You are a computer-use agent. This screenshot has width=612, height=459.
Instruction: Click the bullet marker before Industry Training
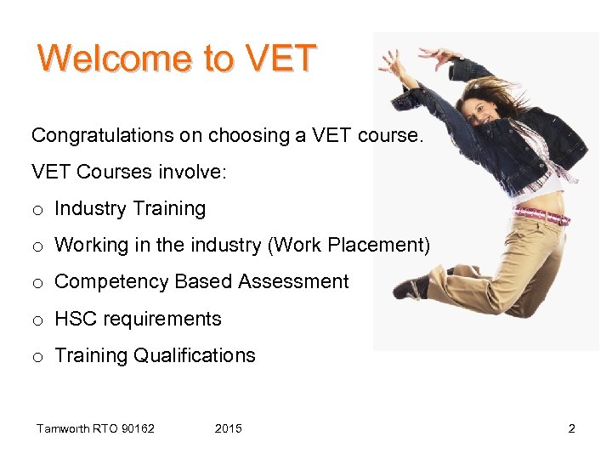coord(37,210)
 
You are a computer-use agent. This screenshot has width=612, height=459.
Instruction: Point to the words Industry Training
coord(130,208)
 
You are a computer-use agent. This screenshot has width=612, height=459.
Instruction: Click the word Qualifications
coord(195,355)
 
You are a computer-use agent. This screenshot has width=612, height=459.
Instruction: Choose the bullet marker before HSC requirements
coord(37,320)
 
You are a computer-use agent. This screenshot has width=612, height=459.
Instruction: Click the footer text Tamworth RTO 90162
coord(95,428)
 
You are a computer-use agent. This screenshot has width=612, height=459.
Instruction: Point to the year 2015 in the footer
coord(228,428)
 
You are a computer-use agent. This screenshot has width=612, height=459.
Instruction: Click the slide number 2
coord(571,428)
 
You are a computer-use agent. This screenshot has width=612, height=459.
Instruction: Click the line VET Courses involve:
coord(129,172)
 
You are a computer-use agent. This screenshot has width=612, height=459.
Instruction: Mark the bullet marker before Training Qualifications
coord(37,357)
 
